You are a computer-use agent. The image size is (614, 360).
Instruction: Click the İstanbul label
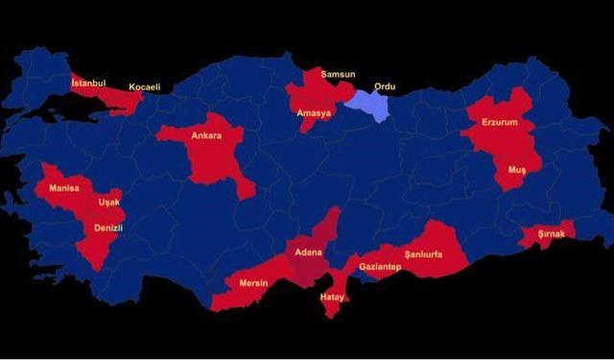coord(88,84)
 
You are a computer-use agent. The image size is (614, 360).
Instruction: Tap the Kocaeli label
coord(145,87)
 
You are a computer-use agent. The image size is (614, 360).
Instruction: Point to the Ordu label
coord(385,85)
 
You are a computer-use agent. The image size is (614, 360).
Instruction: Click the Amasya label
coord(314,113)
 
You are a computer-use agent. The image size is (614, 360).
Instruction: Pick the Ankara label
coord(206,136)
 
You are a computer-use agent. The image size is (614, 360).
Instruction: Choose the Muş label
coord(517,170)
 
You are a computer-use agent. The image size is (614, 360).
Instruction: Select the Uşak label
coord(108,204)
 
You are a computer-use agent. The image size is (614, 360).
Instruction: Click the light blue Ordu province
coord(371,104)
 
